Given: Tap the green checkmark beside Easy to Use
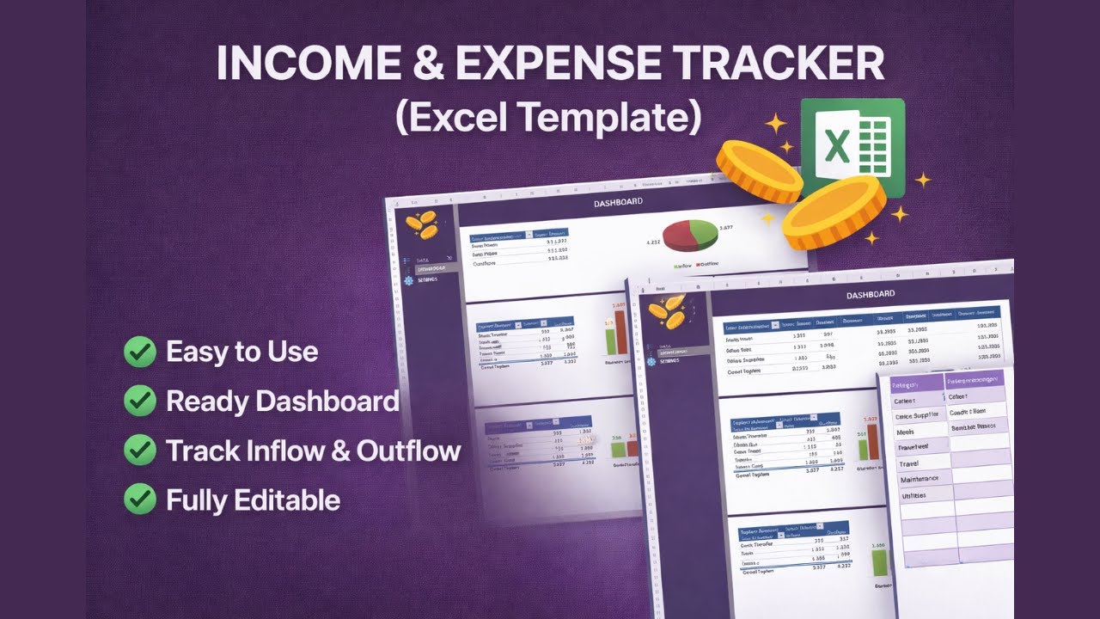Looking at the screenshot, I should [x=140, y=352].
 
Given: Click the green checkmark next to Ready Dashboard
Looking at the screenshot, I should [x=140, y=401].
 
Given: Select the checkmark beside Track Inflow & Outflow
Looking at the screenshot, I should [x=140, y=450].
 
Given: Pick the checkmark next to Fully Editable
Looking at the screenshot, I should [x=140, y=499].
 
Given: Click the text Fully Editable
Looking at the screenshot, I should [x=253, y=499].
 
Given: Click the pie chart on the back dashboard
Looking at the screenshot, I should [x=691, y=235].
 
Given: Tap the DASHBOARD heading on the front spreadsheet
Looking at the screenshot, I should [x=870, y=295].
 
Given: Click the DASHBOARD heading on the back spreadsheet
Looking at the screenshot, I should [x=618, y=202].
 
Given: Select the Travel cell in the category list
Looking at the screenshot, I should [x=908, y=463].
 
